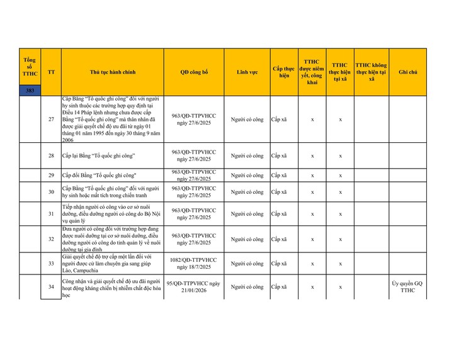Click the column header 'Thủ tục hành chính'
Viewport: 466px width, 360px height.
tap(112, 72)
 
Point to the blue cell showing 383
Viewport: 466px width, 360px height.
tap(30, 91)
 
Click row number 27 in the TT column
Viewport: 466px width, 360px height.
tap(51, 119)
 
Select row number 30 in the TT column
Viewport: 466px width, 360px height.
tap(51, 192)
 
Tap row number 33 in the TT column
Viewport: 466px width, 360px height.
tap(51, 263)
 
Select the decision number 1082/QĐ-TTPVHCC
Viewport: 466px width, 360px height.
tap(193, 259)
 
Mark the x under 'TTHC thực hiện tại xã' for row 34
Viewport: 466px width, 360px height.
tap(340, 287)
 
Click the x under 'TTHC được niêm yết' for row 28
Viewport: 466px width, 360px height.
tap(312, 155)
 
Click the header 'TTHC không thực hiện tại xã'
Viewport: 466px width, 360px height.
tap(371, 72)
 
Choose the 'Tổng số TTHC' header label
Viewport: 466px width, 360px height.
tap(30, 66)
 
